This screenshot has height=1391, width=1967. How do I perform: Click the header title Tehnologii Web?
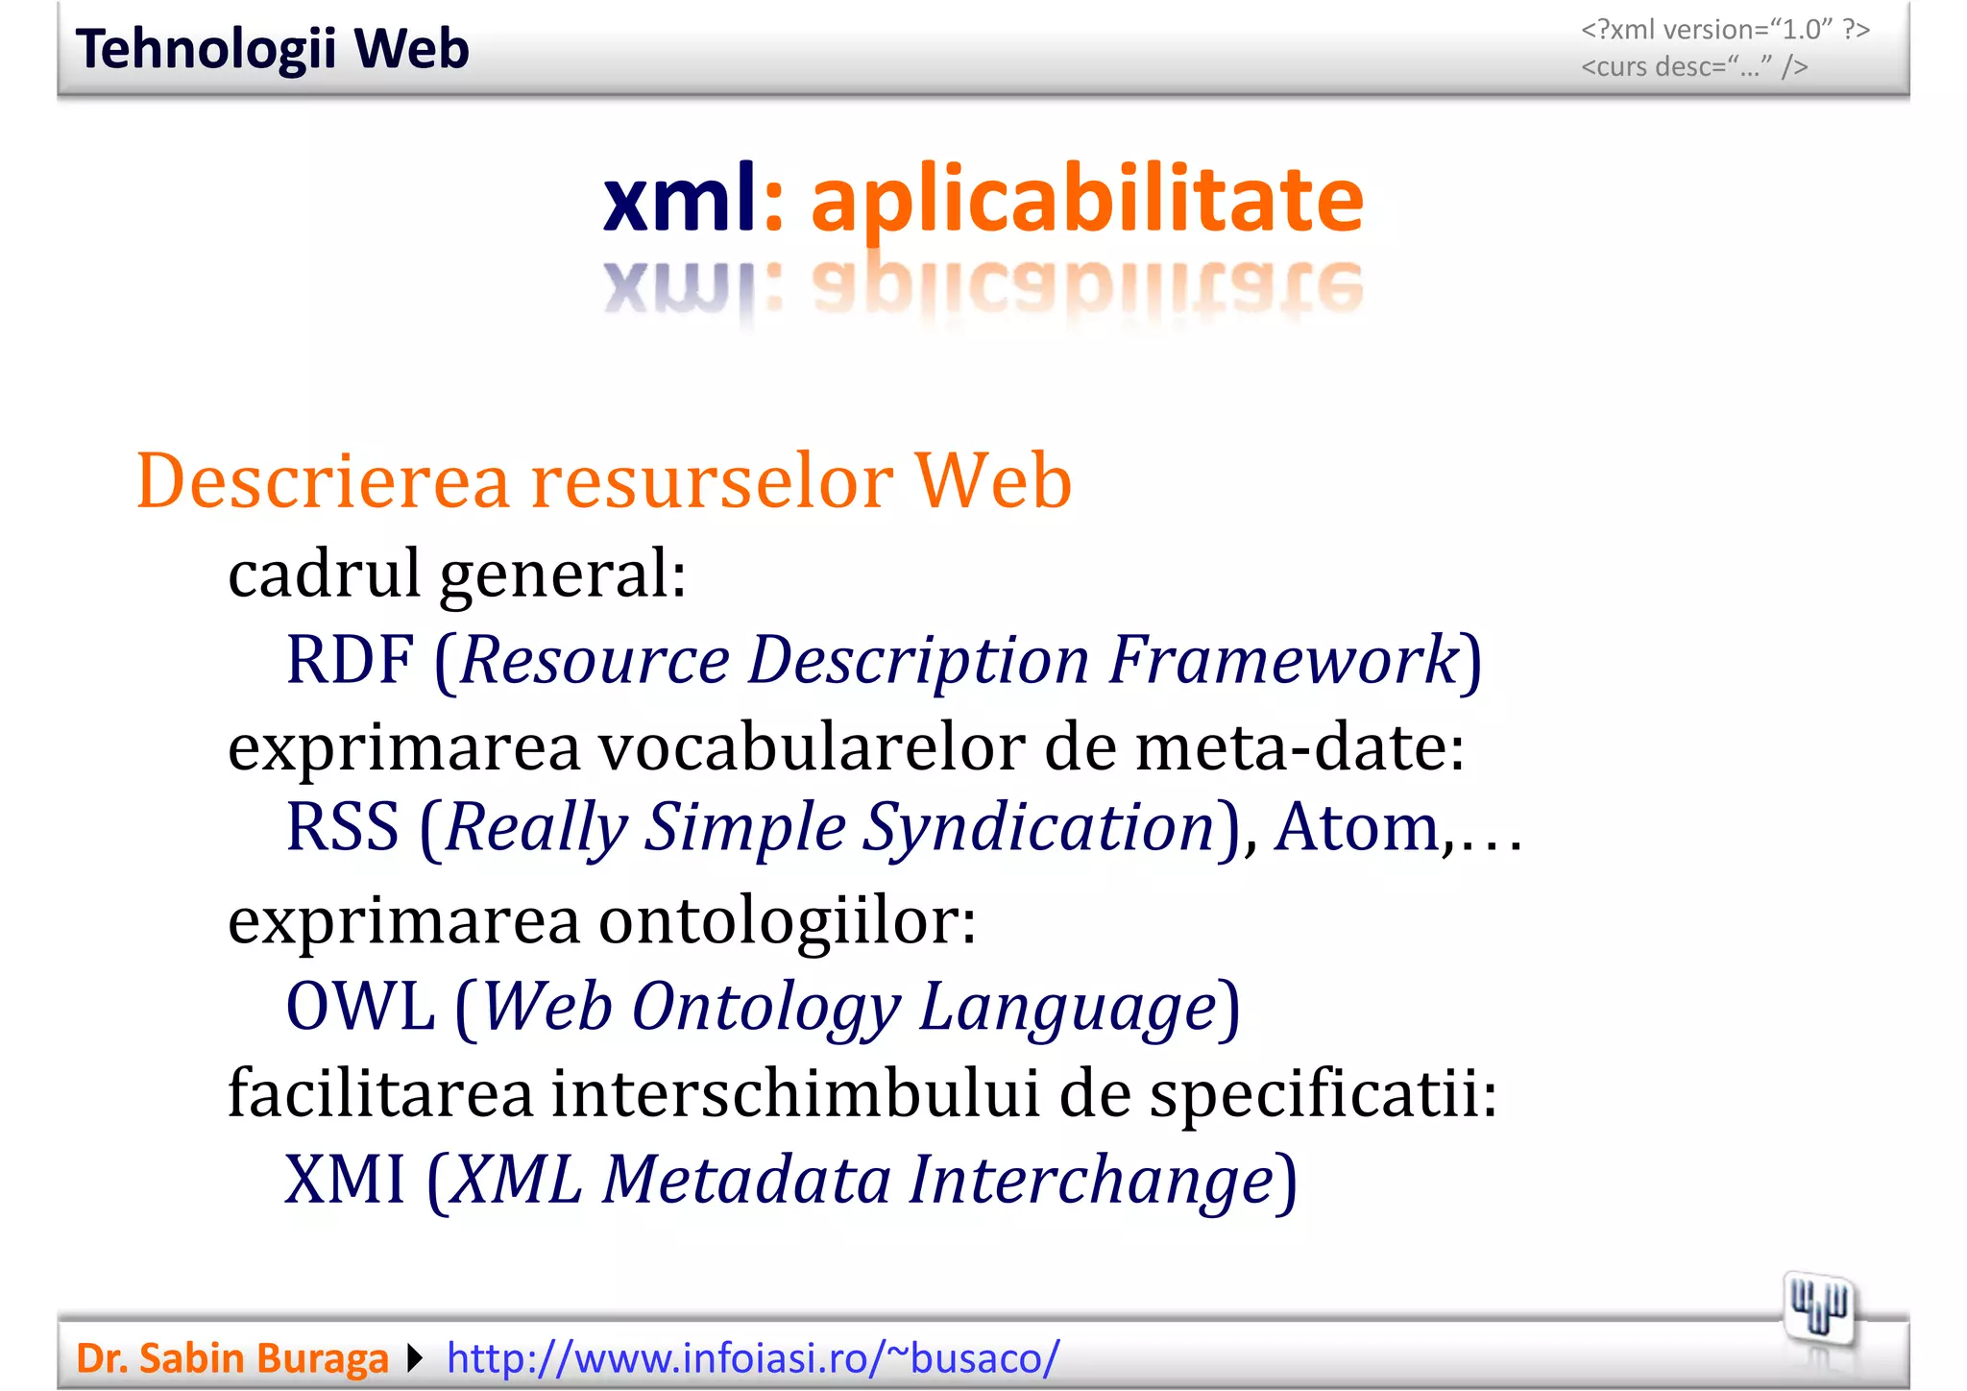(272, 49)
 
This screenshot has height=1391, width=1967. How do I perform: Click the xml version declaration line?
(1725, 30)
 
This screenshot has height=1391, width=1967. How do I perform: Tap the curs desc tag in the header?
(1694, 67)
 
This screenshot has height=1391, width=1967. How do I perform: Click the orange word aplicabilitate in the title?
(1086, 200)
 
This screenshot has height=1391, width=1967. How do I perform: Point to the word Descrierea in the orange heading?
(323, 480)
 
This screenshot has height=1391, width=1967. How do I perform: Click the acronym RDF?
(350, 660)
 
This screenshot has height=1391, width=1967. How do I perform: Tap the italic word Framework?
(1282, 660)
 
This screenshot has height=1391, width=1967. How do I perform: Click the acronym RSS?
(342, 827)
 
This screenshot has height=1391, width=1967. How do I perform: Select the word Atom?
(1356, 827)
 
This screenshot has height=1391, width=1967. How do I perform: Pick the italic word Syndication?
(1038, 827)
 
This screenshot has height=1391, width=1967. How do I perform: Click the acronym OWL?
(361, 1007)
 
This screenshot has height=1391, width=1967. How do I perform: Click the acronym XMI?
(345, 1180)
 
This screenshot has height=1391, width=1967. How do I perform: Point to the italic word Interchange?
(1091, 1180)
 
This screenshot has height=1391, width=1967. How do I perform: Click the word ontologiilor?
(788, 920)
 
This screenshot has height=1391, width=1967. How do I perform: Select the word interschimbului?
(795, 1093)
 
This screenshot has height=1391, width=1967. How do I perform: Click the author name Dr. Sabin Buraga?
(232, 1358)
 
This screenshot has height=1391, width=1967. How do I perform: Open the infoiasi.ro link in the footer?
(753, 1358)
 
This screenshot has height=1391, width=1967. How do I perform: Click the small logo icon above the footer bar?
(1818, 1307)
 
